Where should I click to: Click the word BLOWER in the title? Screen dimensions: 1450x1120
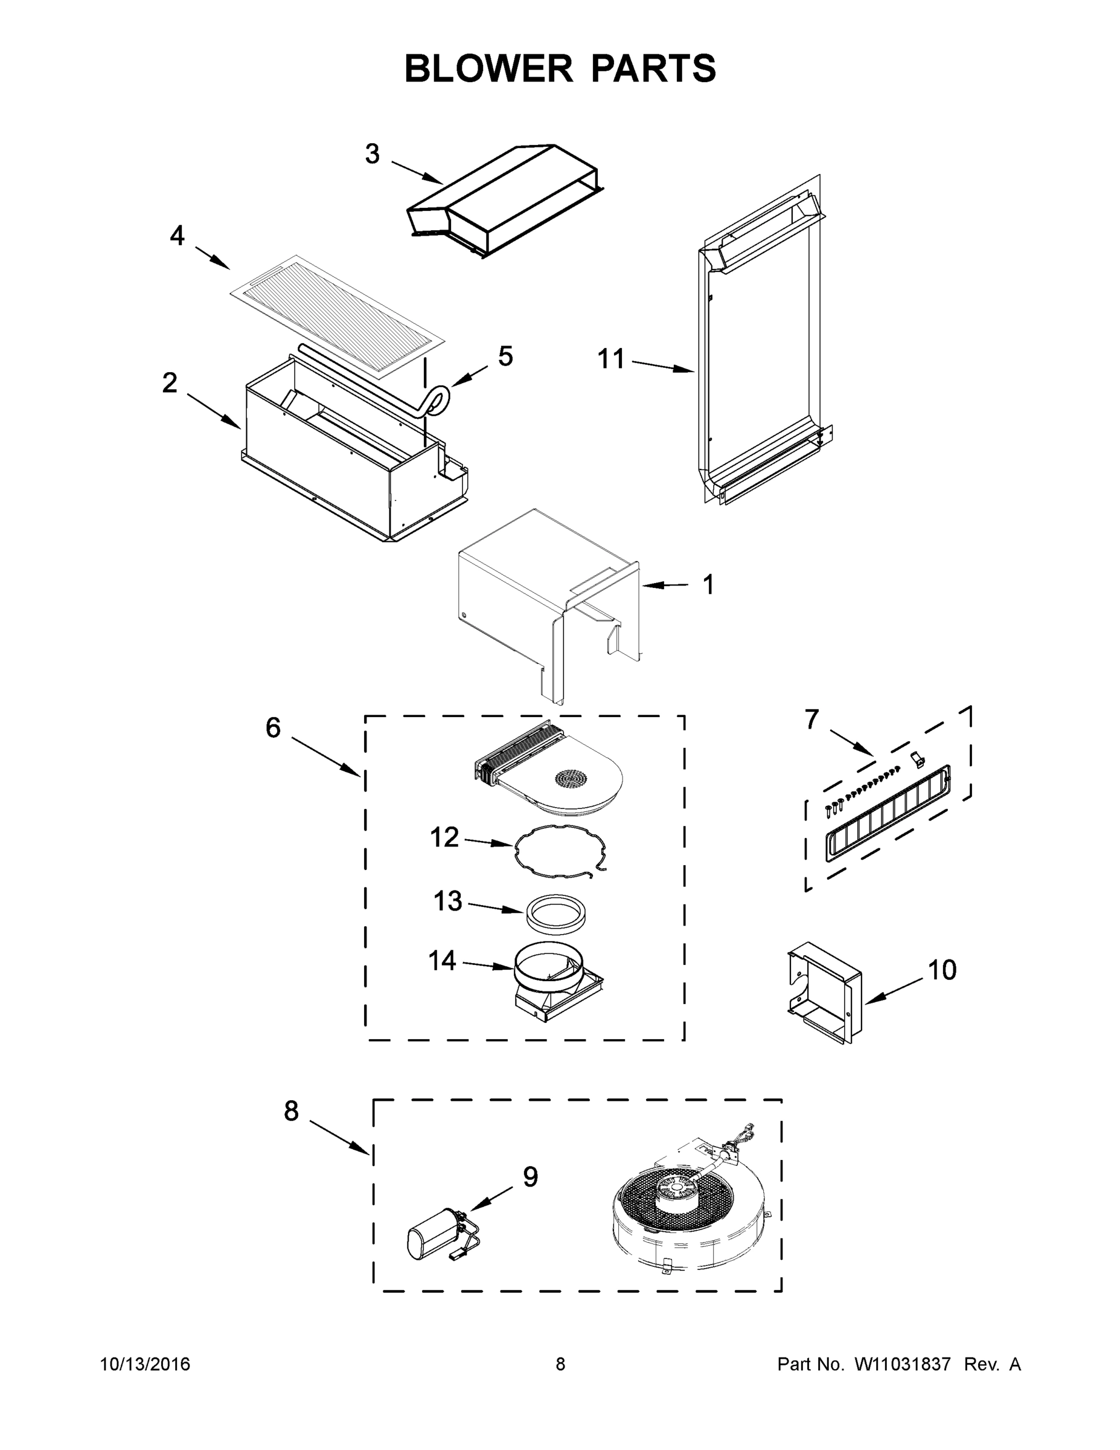[488, 68]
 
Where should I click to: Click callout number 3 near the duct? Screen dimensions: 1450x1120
[373, 154]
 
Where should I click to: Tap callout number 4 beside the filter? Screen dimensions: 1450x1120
[176, 236]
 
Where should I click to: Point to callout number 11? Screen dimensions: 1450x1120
[611, 359]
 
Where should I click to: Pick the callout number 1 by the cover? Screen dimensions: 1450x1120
[709, 585]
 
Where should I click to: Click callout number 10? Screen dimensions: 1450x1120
[941, 970]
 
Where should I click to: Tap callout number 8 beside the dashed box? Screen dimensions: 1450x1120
[291, 1110]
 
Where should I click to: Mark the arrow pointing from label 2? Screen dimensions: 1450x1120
[214, 411]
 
